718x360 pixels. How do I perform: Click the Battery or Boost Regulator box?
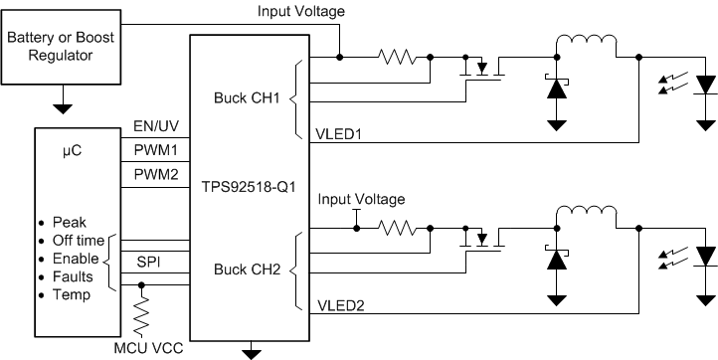[62, 47]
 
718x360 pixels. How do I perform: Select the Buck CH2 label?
[246, 269]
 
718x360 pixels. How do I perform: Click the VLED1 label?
[340, 132]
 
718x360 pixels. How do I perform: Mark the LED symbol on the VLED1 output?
[705, 88]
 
